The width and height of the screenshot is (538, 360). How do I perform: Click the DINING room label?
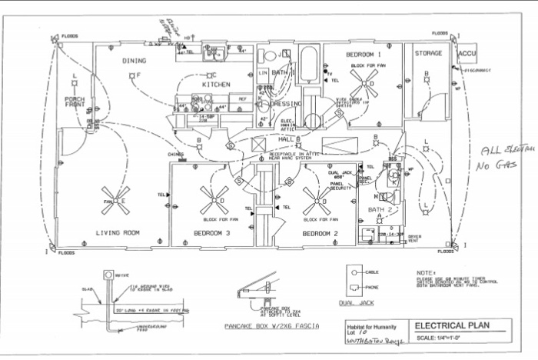134,60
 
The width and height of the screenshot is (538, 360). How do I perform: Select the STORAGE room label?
428,53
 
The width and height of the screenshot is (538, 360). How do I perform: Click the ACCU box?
467,55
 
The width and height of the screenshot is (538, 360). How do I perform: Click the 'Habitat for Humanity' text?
363,328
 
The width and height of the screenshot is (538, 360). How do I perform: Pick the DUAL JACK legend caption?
361,302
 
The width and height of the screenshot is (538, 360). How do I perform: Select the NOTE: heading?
424,272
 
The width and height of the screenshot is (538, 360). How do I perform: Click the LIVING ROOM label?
115,232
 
